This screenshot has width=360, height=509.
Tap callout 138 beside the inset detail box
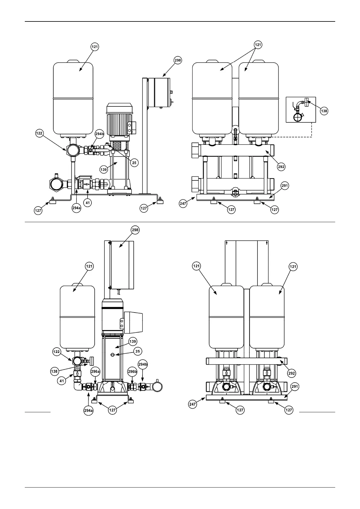coord(324,111)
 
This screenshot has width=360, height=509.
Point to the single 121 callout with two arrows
coord(258,45)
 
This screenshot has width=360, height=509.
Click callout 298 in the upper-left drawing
coord(178,60)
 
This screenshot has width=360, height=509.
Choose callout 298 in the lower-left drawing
coord(135,230)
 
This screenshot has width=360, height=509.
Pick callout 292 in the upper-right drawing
coord(281,167)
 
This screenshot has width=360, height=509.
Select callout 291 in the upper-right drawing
coord(285,186)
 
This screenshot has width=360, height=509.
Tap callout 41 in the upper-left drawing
coord(88,203)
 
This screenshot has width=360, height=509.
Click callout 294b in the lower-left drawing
coord(142,364)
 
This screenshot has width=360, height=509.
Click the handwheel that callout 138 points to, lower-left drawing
coord(91,361)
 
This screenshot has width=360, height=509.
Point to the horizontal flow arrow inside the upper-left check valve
coord(87,183)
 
